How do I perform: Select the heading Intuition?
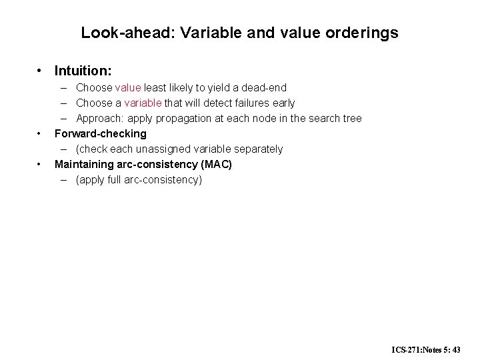[x=83, y=69]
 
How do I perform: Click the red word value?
[x=128, y=87]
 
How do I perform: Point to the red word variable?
[x=143, y=103]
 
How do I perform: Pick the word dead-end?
[x=263, y=87]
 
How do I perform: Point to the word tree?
[x=352, y=118]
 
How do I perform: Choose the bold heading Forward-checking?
[x=100, y=133]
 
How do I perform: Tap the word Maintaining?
[x=85, y=164]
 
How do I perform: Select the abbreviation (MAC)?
[x=216, y=164]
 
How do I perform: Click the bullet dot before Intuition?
[x=41, y=69]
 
